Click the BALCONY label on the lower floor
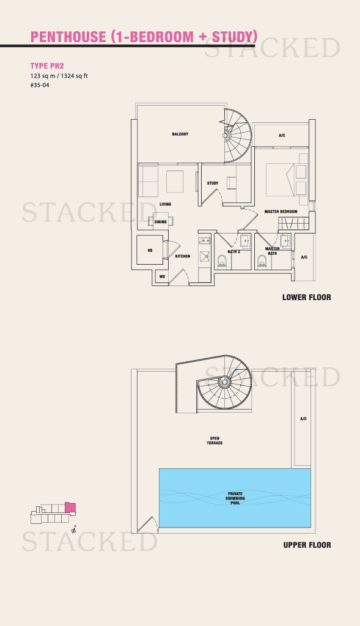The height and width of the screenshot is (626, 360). click(x=180, y=134)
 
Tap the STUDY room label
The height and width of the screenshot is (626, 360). click(x=212, y=183)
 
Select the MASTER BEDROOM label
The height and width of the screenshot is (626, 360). click(x=281, y=212)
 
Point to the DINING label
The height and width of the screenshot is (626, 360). click(x=161, y=222)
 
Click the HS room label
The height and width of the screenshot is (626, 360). click(x=150, y=251)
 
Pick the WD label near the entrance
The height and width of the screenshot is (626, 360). click(x=163, y=277)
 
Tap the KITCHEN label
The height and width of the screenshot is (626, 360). click(x=182, y=256)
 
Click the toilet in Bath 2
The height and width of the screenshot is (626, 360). click(x=222, y=262)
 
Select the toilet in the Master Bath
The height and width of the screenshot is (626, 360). click(x=262, y=262)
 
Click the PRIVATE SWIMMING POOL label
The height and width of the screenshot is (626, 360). click(x=235, y=498)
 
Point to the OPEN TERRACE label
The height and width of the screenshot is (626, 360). click(x=215, y=441)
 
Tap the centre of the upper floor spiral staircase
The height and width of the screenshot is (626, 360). click(x=224, y=382)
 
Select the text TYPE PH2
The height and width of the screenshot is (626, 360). click(x=47, y=66)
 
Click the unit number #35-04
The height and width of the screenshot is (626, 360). click(x=40, y=85)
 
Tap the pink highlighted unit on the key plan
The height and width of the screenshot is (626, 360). click(x=70, y=508)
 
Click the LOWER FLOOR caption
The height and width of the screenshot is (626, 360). click(x=306, y=298)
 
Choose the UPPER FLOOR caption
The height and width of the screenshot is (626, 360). click(x=307, y=545)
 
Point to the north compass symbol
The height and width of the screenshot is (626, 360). click(x=73, y=530)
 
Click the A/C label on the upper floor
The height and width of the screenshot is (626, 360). click(x=303, y=419)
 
